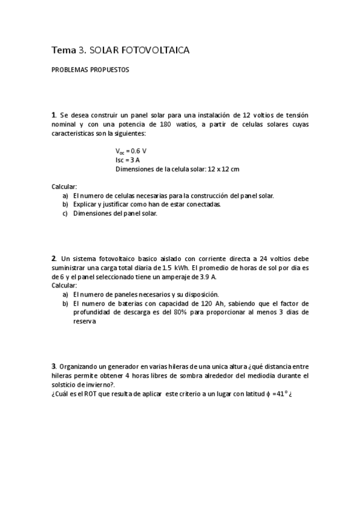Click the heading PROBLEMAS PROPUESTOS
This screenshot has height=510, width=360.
pos(90,69)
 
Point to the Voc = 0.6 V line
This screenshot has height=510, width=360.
pos(130,150)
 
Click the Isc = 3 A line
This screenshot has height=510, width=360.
pos(127,160)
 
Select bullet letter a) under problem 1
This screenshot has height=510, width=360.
pos(65,195)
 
